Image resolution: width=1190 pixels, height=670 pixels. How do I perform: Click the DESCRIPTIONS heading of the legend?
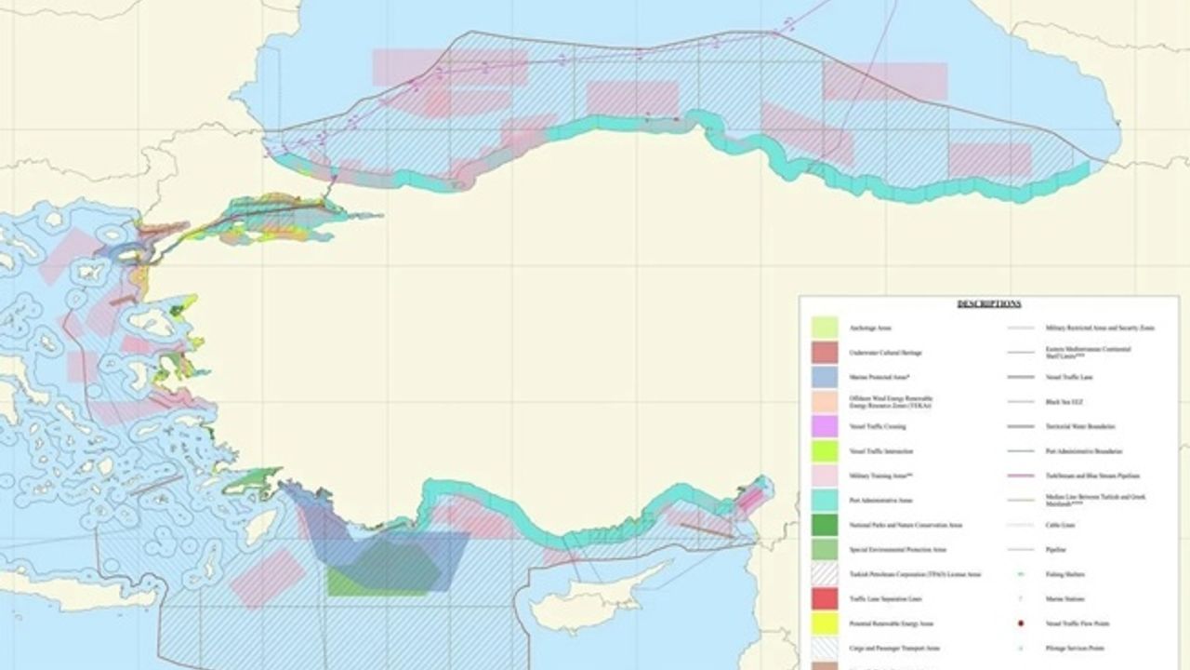[x=989, y=303]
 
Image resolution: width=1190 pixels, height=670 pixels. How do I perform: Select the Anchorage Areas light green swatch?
[x=825, y=328]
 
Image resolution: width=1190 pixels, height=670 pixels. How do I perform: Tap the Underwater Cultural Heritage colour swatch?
[x=825, y=353]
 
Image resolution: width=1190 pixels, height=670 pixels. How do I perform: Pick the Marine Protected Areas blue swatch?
[x=825, y=377]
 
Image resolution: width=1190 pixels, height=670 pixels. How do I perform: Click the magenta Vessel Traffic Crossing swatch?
[x=825, y=426]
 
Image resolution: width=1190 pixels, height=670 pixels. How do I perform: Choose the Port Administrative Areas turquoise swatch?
[x=825, y=501]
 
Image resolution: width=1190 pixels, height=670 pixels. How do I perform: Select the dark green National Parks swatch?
[x=825, y=525]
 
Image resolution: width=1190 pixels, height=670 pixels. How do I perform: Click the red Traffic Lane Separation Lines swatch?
[x=825, y=598]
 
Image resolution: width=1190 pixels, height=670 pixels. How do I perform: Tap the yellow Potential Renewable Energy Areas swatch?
[x=825, y=623]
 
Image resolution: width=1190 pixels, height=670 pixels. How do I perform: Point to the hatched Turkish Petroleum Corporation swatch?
[x=825, y=574]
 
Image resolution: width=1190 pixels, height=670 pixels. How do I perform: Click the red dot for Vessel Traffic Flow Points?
[x=1021, y=623]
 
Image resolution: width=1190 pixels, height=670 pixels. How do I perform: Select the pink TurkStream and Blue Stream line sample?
[x=1021, y=476]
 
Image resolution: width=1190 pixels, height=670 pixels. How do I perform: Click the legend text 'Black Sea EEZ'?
[x=1064, y=402]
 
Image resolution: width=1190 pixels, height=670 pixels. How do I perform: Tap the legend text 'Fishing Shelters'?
[x=1064, y=574]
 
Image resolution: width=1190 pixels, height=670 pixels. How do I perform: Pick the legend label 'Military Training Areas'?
[x=873, y=476]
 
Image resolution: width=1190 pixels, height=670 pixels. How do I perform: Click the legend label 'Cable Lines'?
[x=1061, y=525]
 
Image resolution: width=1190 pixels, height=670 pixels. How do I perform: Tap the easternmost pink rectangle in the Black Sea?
[x=989, y=159]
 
